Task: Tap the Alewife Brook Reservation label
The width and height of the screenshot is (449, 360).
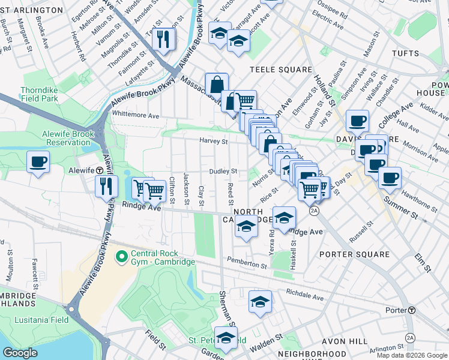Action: coord(66,138)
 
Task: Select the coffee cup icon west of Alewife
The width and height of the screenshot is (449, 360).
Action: coord(38,162)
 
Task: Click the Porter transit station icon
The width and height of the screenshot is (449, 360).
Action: coord(412,310)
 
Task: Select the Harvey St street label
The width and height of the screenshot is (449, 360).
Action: coord(214,142)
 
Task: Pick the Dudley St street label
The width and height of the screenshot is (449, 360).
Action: coord(223,172)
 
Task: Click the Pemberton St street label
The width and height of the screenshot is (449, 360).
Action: coord(247,262)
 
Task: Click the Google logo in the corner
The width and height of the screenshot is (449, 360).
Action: coord(20,353)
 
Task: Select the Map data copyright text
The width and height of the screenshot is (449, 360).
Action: coord(411,355)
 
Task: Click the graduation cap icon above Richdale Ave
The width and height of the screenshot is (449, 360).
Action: coord(260,302)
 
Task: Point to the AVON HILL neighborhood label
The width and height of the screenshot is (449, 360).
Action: coord(342,341)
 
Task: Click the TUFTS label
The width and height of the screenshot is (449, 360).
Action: coord(420,53)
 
